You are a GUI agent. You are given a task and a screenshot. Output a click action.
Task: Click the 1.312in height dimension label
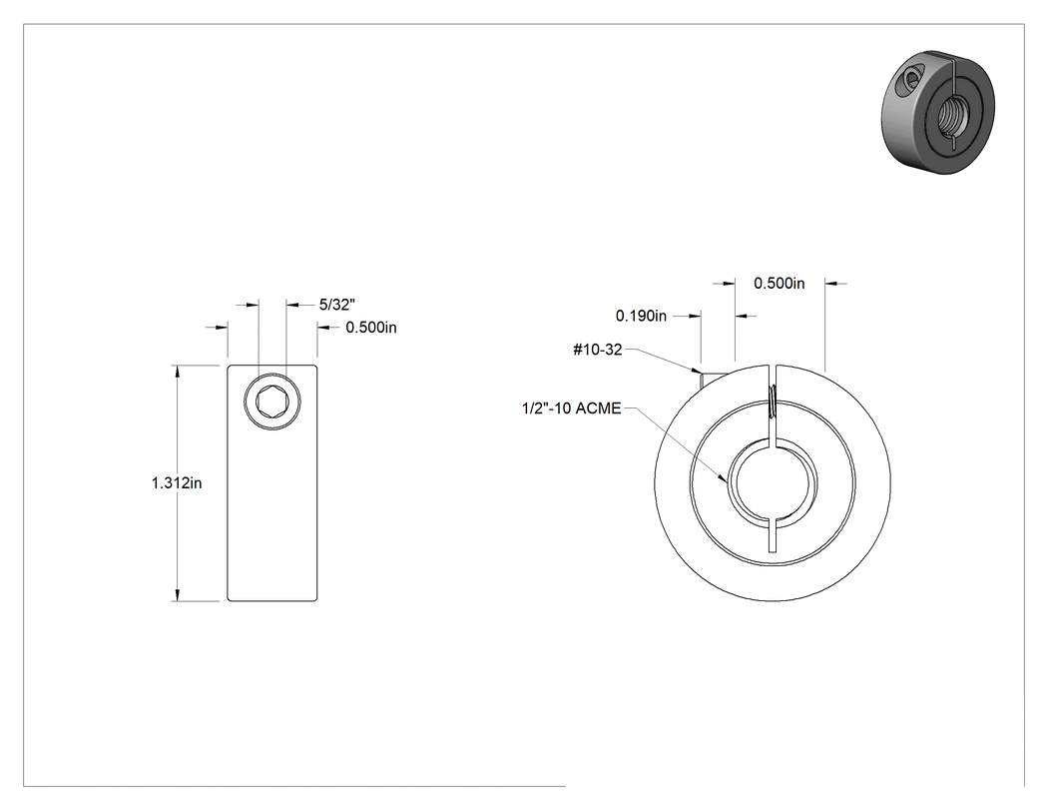click(177, 483)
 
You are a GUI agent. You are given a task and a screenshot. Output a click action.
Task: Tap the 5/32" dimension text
click(337, 305)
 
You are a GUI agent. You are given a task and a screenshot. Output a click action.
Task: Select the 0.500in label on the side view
click(371, 328)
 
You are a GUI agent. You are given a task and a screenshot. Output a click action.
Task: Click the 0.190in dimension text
click(641, 316)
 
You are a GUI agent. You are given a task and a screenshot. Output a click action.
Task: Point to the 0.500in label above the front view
click(780, 284)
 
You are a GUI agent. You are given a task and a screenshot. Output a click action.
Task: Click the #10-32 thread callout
click(598, 350)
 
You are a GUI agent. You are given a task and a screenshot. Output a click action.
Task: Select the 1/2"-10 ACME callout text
click(572, 408)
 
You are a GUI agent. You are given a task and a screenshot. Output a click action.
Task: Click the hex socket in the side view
click(272, 402)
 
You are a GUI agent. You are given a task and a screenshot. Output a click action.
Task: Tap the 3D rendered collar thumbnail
click(938, 113)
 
